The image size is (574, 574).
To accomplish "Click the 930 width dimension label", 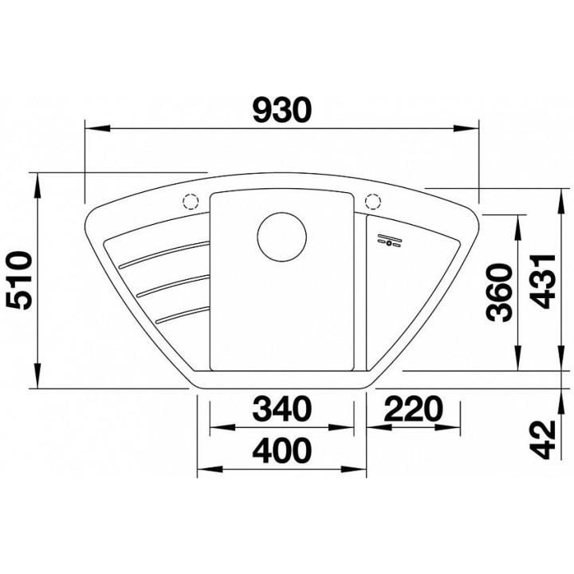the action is pyautogui.click(x=282, y=109).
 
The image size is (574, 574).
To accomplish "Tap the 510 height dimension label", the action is pyautogui.click(x=21, y=281).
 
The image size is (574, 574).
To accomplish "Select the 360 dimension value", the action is pyautogui.click(x=497, y=293).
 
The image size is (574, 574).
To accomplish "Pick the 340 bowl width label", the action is pyautogui.click(x=282, y=408).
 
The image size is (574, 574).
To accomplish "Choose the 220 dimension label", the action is pyautogui.click(x=413, y=408).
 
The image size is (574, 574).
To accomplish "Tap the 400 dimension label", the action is pyautogui.click(x=282, y=450).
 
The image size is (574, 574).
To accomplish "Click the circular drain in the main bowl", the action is pyautogui.click(x=281, y=237).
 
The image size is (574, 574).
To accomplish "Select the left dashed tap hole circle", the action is pyautogui.click(x=190, y=201).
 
